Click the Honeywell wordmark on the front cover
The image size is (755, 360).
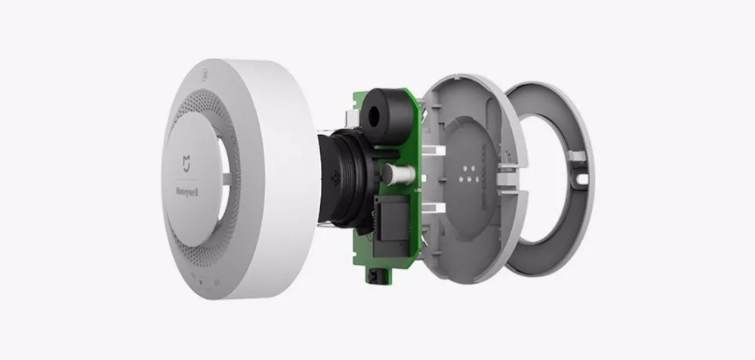pos(186,192)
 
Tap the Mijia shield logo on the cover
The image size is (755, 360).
pos(186,163)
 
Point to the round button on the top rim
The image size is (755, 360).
pos(204,75)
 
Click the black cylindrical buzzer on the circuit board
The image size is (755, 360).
pos(386,115)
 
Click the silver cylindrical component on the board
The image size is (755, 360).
pos(399,171)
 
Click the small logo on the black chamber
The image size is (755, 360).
pos(336,180)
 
